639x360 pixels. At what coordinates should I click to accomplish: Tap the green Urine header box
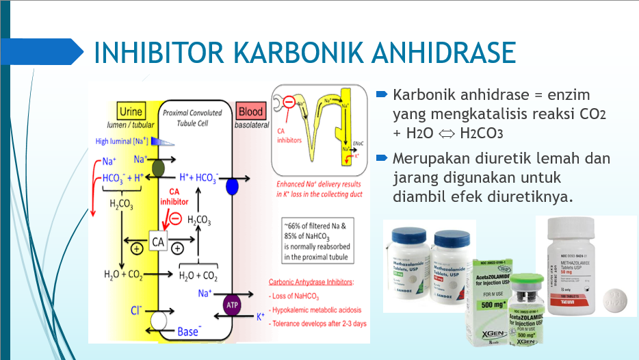(130, 111)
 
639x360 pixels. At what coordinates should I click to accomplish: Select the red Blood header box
(249, 111)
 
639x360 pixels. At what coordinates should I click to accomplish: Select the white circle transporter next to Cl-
(159, 319)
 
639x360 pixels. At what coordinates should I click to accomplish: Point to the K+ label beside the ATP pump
(261, 317)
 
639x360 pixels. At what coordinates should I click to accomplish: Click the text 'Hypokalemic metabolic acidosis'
(319, 309)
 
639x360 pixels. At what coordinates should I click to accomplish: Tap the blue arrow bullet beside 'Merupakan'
(382, 158)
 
